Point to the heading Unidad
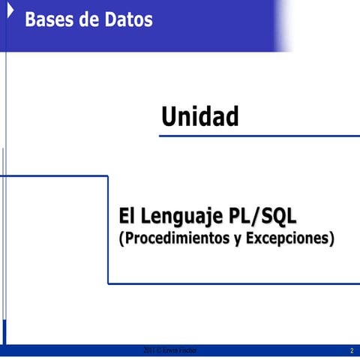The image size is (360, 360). pos(200,116)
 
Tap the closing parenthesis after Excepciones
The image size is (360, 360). pos(331,240)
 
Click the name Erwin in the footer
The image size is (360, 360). pos(173,351)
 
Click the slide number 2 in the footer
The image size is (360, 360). pos(350,351)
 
